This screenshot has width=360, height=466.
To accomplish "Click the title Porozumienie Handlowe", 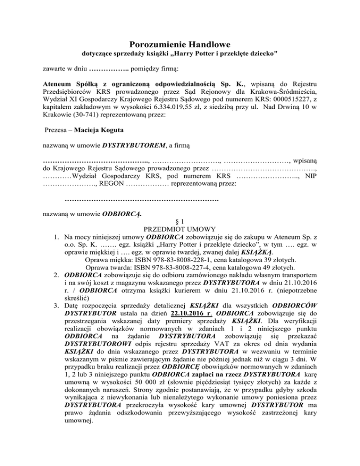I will tap(180, 45).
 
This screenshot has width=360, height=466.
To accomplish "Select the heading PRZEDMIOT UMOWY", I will tap(180, 229).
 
